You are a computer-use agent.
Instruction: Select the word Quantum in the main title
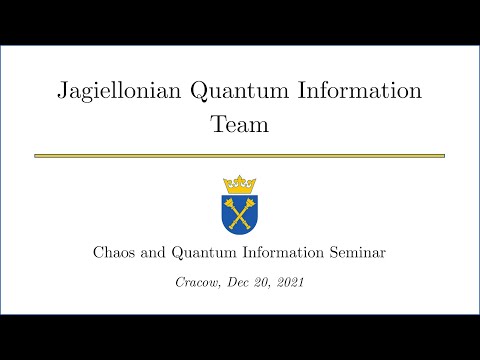click(234, 92)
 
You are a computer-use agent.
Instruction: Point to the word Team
click(239, 125)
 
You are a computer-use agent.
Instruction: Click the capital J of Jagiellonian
click(62, 92)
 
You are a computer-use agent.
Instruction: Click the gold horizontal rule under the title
click(239, 156)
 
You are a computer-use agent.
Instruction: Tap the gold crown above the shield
click(239, 184)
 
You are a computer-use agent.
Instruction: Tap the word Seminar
click(356, 253)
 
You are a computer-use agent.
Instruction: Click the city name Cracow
click(196, 283)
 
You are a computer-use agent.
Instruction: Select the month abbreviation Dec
click(235, 283)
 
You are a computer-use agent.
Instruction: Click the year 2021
click(289, 283)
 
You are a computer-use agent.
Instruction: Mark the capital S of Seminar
click(331, 253)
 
